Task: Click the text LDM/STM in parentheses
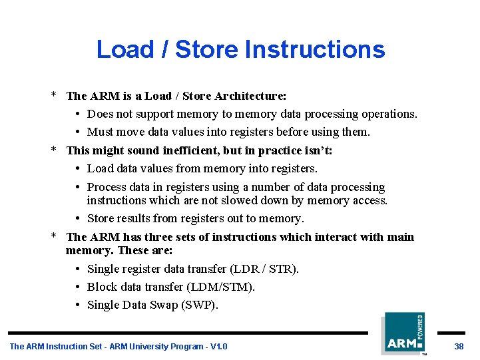pos(219,287)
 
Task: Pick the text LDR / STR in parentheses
pos(264,269)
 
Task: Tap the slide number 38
pos(459,347)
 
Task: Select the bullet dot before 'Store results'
pos(79,219)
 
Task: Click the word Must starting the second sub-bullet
pos(101,132)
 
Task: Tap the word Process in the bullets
pos(107,188)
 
